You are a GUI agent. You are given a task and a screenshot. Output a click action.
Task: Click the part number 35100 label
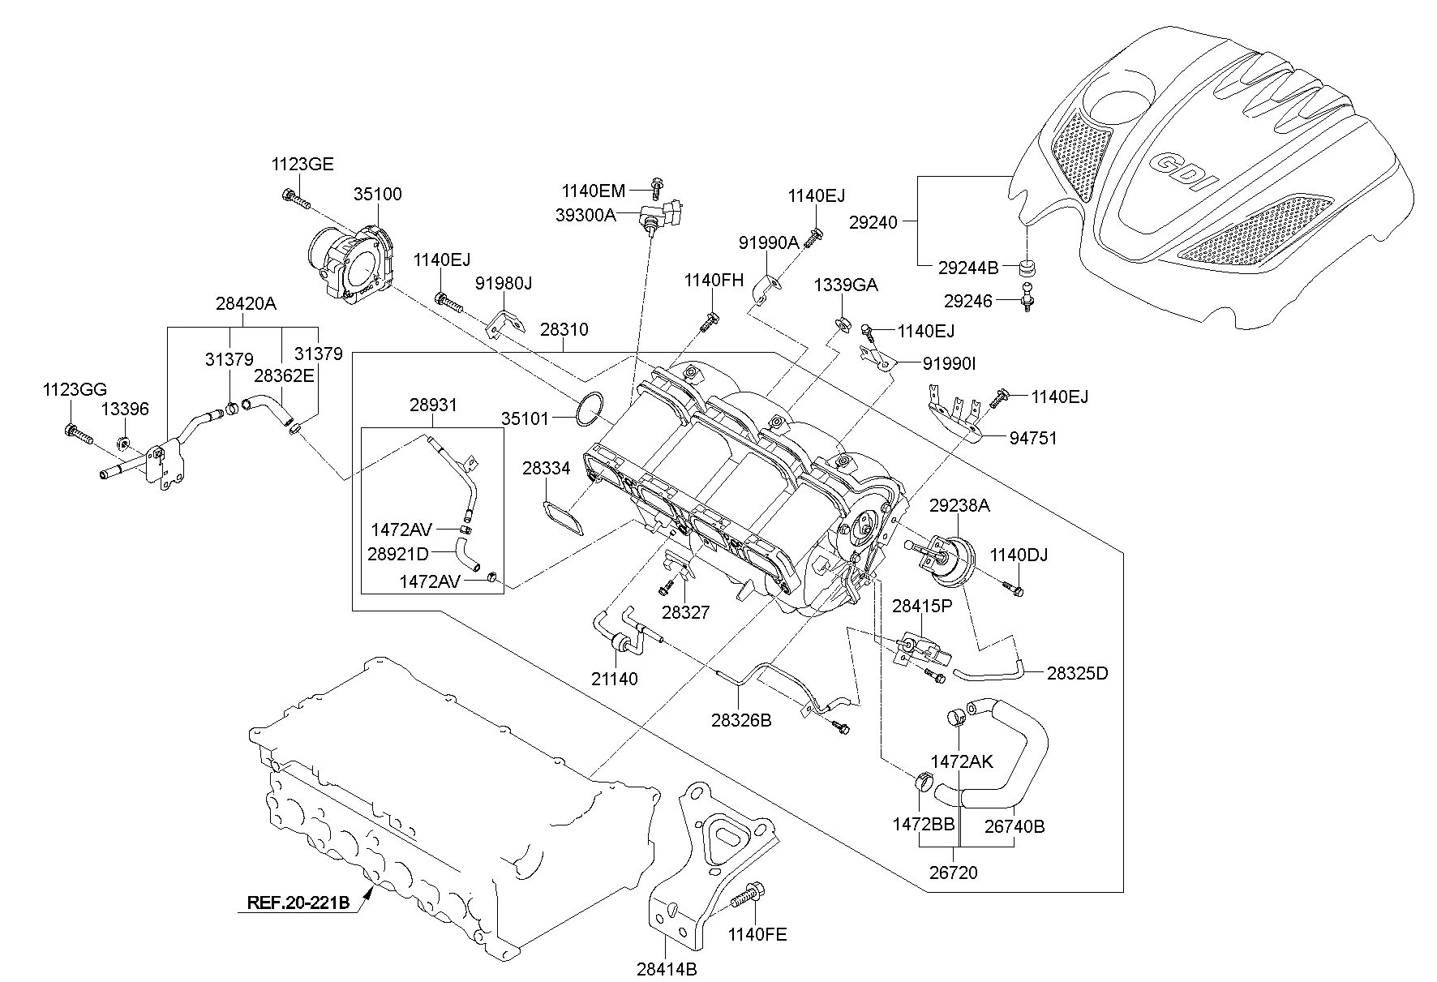377,195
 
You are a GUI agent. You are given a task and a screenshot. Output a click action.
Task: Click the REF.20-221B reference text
298,903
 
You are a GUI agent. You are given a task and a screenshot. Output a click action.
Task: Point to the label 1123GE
302,165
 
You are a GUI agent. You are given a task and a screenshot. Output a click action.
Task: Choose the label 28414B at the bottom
667,968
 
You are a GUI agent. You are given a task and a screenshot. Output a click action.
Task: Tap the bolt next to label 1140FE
744,900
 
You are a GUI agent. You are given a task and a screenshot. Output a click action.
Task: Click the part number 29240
873,222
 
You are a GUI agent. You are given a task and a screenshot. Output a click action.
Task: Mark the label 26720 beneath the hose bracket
954,873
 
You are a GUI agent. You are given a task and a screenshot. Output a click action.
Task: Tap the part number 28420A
246,304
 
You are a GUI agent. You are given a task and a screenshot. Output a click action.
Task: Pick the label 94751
1033,438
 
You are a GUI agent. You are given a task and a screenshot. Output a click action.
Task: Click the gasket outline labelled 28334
564,517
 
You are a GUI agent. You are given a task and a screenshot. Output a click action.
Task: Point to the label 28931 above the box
433,405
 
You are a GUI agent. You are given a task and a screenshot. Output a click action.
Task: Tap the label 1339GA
846,285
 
